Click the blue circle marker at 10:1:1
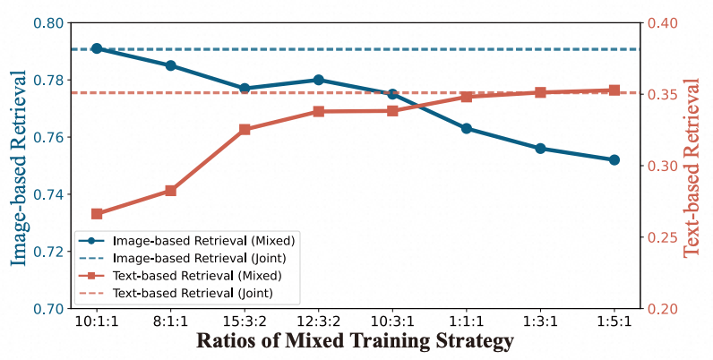97,48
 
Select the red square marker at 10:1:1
97,214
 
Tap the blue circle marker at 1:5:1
614,159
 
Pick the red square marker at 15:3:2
245,130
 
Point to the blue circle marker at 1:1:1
467,128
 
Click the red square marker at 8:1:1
171,191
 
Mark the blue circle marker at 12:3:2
319,80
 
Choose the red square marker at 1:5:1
614,90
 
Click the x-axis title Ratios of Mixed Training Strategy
356,342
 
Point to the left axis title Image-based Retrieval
19,167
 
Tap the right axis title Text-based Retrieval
693,167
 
